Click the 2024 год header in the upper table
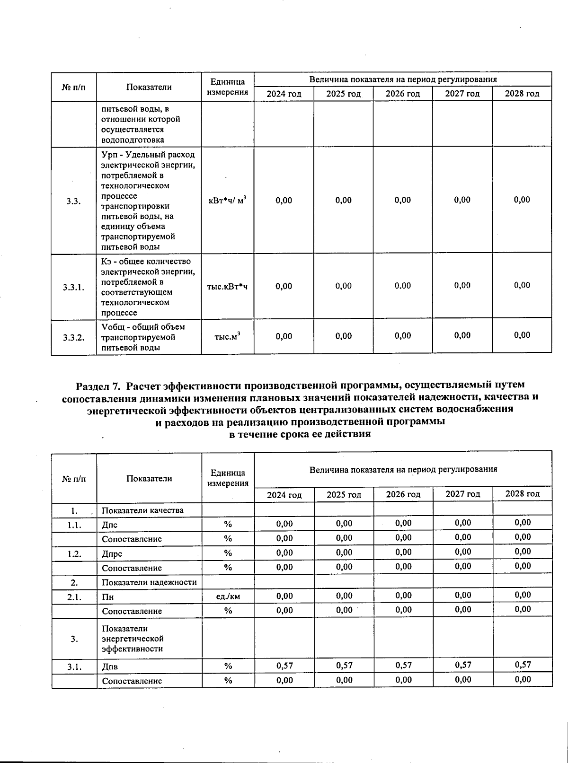(x=284, y=94)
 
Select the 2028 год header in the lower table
(x=522, y=494)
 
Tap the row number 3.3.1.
(x=73, y=287)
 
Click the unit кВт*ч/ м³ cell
(x=227, y=201)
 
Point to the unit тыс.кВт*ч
(x=227, y=287)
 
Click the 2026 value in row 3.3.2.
(x=402, y=336)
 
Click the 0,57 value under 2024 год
(x=284, y=666)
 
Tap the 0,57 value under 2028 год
(x=523, y=665)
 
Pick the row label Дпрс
(x=112, y=554)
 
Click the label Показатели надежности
(x=149, y=582)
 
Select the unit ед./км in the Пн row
(x=228, y=596)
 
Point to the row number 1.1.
(x=74, y=525)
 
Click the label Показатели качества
(x=142, y=510)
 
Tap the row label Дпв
(x=110, y=667)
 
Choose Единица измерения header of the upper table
(x=228, y=87)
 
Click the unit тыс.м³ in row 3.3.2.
(x=227, y=337)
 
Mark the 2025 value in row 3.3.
(x=343, y=200)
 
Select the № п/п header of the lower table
(x=74, y=479)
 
